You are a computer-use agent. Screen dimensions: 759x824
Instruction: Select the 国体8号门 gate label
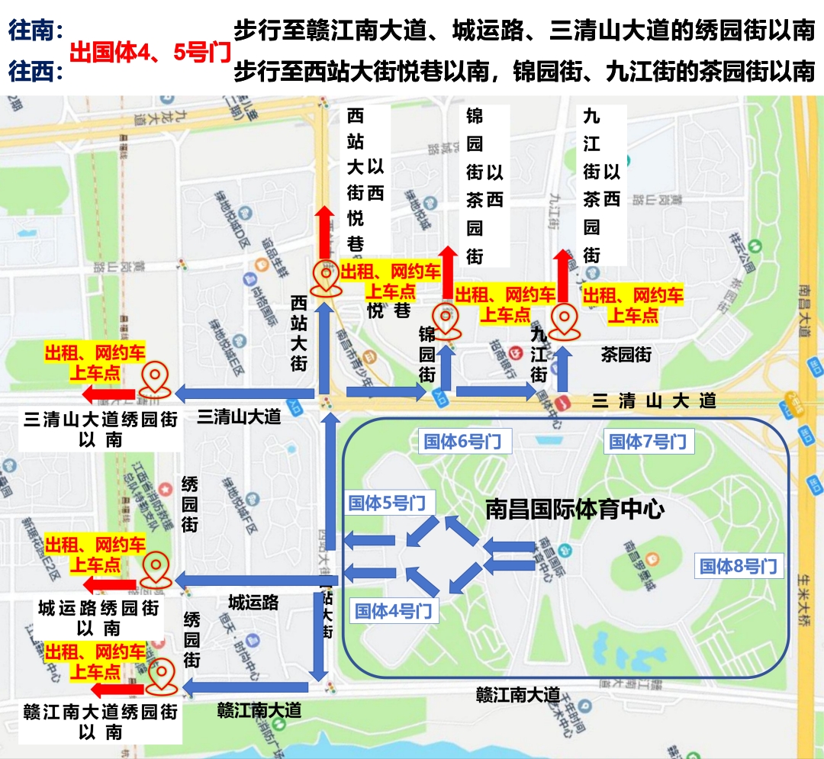(x=738, y=566)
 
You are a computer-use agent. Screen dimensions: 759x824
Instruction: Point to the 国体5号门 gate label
(x=386, y=503)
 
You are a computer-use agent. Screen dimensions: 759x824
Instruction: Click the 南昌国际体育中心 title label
(x=575, y=509)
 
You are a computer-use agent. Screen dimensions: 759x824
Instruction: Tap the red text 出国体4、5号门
(x=150, y=53)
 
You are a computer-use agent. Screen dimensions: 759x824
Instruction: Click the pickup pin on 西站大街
(x=327, y=278)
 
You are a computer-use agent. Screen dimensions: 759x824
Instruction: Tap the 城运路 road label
(x=254, y=603)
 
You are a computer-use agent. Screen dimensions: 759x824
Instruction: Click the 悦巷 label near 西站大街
(x=388, y=310)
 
